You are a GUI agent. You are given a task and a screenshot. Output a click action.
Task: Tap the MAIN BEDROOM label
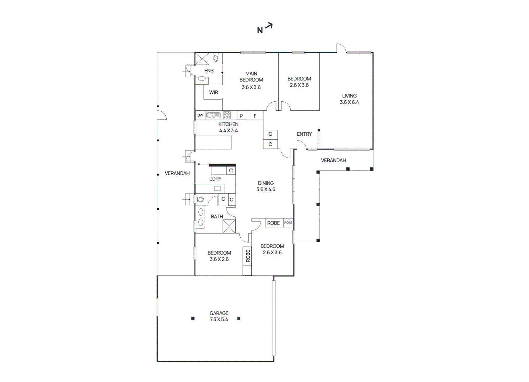[251, 77]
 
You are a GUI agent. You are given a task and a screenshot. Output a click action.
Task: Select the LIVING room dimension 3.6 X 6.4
[349, 102]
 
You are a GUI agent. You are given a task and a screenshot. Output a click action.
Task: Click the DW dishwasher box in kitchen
[200, 115]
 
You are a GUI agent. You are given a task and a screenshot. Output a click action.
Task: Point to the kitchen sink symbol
[213, 115]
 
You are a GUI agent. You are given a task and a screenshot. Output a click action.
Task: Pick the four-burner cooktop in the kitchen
[227, 115]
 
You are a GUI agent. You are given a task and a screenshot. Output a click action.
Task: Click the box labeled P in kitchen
[241, 116]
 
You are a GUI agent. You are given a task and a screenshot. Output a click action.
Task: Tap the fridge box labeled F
[255, 116]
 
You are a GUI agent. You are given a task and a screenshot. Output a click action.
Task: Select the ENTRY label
[304, 134]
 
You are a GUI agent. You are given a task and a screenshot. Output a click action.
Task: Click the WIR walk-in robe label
[214, 92]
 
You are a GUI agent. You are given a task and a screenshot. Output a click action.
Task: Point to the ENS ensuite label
[209, 71]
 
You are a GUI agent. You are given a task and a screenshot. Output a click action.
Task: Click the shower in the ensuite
[202, 59]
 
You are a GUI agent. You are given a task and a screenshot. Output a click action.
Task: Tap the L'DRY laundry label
[215, 179]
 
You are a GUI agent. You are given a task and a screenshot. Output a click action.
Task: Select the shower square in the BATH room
[229, 226]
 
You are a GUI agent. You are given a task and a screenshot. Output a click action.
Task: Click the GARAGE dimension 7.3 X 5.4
[219, 319]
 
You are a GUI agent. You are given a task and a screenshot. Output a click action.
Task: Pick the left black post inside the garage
[193, 318]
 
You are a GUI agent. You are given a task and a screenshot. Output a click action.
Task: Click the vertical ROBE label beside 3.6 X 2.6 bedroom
[248, 256]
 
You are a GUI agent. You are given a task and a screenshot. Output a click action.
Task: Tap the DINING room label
[266, 183]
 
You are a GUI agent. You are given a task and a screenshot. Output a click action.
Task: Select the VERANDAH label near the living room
[333, 160]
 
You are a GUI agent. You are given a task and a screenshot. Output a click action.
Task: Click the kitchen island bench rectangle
[213, 142]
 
